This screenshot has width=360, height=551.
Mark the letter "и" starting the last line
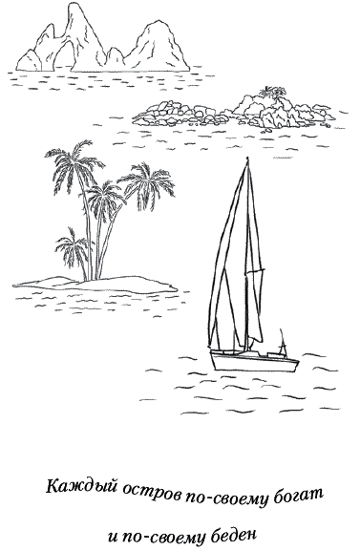[113, 538]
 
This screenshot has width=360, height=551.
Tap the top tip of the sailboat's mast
[247, 158]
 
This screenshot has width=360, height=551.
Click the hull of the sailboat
[254, 361]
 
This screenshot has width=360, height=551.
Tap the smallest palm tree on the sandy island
[73, 251]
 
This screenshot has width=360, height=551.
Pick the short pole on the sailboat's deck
[282, 342]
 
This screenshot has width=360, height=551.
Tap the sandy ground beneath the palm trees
[95, 285]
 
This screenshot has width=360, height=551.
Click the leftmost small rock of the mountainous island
[28, 61]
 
